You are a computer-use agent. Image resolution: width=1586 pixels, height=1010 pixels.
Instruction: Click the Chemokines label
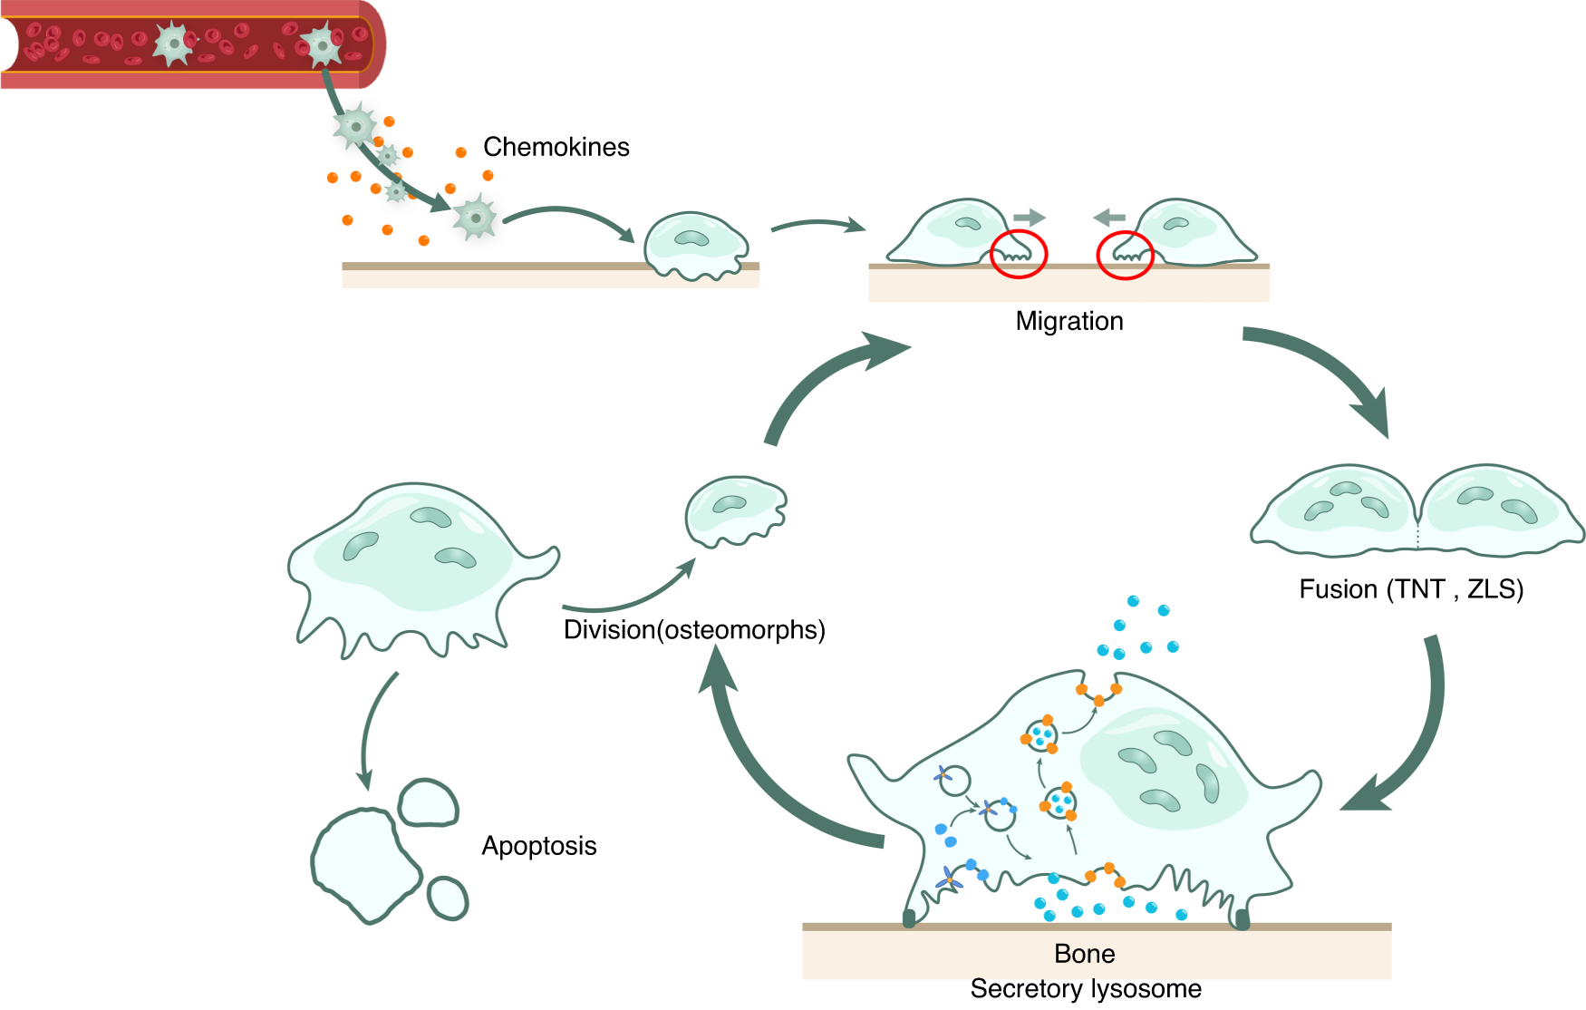pos(556,147)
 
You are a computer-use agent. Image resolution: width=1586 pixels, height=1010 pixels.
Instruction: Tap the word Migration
pos(1069,321)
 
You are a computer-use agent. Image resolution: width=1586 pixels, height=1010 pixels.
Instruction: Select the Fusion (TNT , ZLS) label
pos(1410,589)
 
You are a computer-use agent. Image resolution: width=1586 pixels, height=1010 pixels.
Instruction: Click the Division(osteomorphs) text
pos(693,629)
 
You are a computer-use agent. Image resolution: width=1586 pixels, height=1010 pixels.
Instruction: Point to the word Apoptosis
pos(538,846)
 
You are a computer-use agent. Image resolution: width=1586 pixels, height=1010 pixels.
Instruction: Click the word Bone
pos(1084,954)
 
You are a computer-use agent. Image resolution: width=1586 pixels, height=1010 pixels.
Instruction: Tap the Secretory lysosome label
pos(1085,988)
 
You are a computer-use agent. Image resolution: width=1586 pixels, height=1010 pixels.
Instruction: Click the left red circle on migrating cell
pos(1019,254)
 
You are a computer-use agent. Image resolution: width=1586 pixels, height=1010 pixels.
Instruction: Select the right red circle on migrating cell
pos(1125,255)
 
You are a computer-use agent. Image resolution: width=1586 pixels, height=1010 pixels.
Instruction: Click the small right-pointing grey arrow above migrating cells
pos(1029,218)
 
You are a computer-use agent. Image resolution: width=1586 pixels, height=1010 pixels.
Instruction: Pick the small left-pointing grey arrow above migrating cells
pos(1109,218)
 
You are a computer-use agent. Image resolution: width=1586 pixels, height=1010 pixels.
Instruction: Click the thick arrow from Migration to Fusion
pos(1323,372)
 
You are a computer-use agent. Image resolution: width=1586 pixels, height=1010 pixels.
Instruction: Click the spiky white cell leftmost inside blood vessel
pos(172,44)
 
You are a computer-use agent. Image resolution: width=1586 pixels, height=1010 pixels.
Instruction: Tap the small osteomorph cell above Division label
pos(734,510)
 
